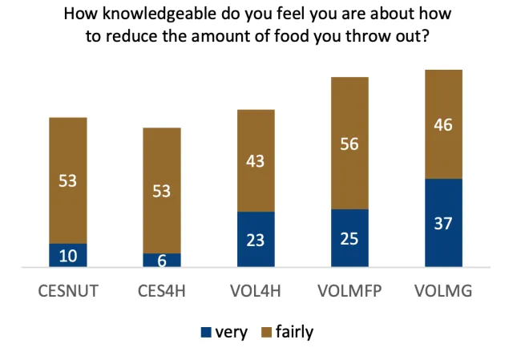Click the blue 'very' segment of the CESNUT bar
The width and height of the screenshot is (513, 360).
[x=68, y=255]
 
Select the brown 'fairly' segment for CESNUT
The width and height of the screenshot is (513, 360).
[x=68, y=180]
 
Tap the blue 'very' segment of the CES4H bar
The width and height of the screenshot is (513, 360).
[x=162, y=260]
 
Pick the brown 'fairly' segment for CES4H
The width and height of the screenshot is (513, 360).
[x=162, y=191]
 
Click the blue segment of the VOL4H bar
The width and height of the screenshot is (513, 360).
[x=256, y=239]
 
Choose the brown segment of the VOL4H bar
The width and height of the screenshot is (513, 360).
[x=256, y=160]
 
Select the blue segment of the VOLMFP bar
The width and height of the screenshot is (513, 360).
[x=349, y=237]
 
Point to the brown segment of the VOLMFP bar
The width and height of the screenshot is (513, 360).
[x=349, y=144]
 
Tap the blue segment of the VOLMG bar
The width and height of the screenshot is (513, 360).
[x=443, y=222]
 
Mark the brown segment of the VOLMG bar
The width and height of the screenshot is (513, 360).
[x=443, y=124]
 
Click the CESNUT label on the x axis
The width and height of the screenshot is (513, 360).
[x=68, y=291]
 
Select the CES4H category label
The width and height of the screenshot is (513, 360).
[x=162, y=291]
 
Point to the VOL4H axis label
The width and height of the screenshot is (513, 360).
[x=256, y=291]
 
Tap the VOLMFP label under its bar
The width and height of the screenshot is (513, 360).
[x=349, y=291]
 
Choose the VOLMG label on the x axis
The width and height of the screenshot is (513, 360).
[x=443, y=291]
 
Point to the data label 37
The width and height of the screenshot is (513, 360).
[x=443, y=223]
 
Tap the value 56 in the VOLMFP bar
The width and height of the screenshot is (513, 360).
[x=349, y=144]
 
